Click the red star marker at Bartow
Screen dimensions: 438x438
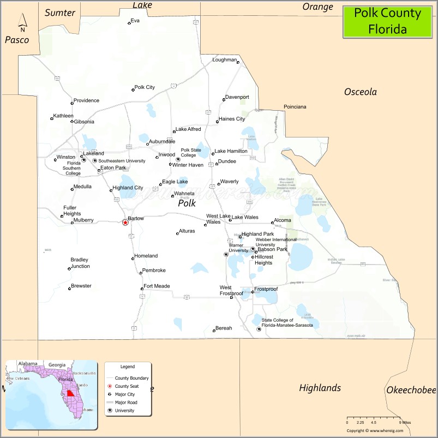tap(125, 223)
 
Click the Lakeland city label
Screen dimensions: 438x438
tap(93, 154)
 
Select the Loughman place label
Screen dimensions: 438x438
tap(225, 59)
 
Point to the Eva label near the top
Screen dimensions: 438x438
tap(135, 20)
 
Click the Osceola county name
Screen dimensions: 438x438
tap(360, 92)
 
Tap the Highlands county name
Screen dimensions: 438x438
tap(320, 388)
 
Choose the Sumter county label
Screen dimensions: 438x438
tap(60, 13)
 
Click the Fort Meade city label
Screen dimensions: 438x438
tap(157, 286)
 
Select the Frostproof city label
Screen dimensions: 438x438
tap(266, 289)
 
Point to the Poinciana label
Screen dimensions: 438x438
tap(295, 107)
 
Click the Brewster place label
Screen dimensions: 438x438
tap(81, 286)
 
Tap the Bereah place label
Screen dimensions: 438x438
tap(224, 328)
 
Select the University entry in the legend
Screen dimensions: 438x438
tap(124, 411)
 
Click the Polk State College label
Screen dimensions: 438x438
tap(191, 152)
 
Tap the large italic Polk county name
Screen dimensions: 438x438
tap(187, 203)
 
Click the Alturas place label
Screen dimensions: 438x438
tap(187, 231)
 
